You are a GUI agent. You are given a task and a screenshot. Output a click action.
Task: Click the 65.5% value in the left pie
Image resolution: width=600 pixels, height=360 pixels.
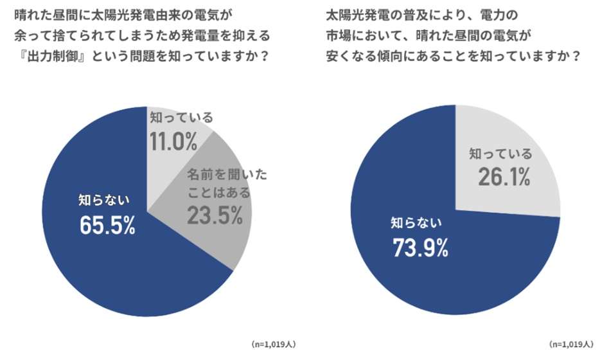[107, 225]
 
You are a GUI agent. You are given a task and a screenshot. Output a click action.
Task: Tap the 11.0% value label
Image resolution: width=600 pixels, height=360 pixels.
[173, 141]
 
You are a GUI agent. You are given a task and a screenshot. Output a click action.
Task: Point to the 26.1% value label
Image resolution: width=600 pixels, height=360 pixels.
[504, 177]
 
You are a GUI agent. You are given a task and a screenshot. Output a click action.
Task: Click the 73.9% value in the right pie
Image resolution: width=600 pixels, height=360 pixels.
[419, 248]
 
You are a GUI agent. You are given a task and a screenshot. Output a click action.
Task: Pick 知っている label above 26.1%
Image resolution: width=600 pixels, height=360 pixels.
[500, 154]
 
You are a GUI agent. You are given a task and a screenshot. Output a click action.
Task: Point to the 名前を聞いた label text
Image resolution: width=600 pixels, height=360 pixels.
[227, 174]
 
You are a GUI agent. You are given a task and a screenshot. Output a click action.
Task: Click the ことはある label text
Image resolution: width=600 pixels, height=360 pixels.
[218, 192]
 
